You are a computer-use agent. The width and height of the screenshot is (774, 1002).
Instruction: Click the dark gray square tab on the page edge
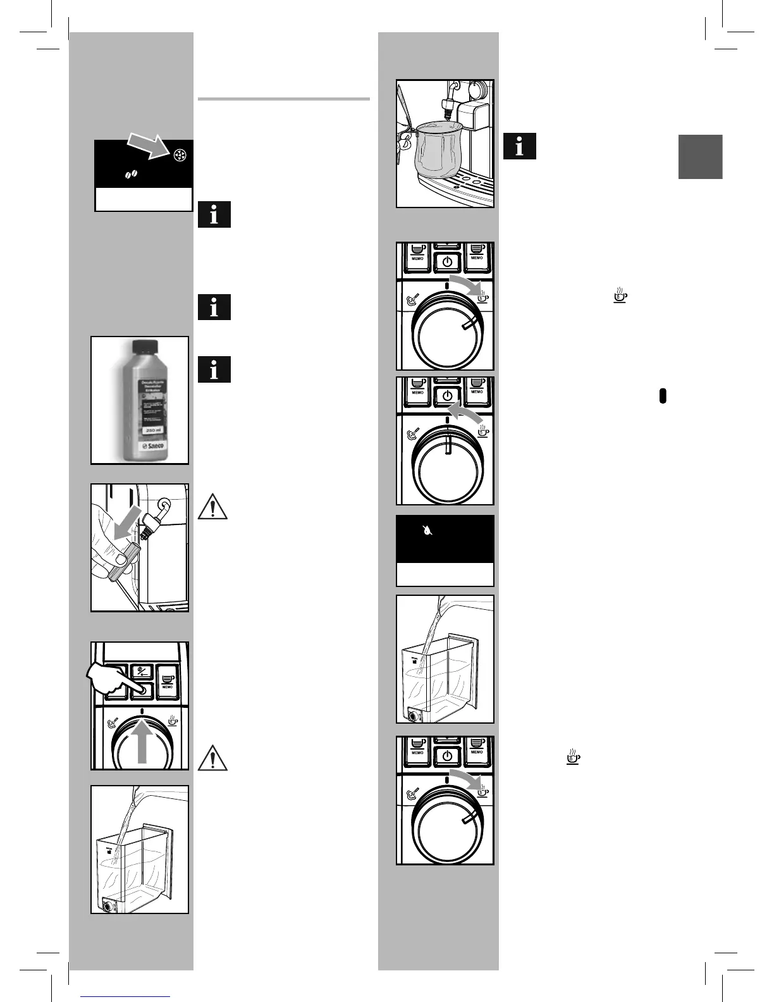click(700, 157)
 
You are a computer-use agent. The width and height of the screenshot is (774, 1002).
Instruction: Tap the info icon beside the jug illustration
click(519, 146)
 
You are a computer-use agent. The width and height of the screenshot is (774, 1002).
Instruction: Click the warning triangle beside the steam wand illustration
click(213, 507)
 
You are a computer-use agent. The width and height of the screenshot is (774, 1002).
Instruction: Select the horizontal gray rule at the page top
click(283, 99)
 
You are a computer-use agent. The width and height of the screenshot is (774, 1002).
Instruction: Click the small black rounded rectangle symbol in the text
click(663, 395)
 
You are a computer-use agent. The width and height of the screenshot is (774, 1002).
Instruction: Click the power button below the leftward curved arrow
click(447, 396)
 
